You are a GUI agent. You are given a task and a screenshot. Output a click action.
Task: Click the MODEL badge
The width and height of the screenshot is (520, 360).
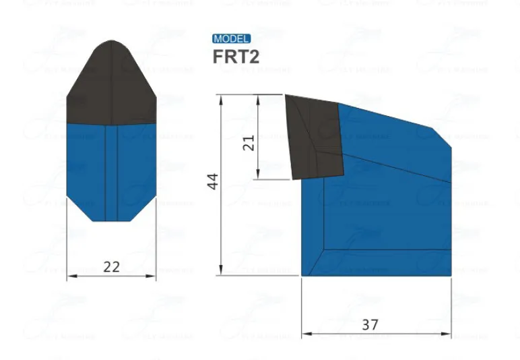click(232, 39)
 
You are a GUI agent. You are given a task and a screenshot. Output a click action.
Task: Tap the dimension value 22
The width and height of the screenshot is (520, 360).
click(111, 266)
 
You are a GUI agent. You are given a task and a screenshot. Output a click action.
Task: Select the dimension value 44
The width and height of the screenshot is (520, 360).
click(213, 181)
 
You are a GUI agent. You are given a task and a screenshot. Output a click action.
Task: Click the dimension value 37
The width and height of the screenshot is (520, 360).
click(370, 324)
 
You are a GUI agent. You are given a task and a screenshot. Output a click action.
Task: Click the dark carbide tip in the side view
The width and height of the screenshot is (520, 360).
click(315, 138)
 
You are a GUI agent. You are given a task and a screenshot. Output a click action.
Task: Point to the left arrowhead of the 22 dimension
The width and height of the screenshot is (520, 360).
click(70, 276)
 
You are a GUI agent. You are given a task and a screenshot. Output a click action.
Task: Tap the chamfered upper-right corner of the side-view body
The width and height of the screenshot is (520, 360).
click(441, 136)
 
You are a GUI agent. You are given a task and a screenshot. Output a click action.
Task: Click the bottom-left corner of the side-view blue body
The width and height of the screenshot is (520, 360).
click(302, 274)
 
